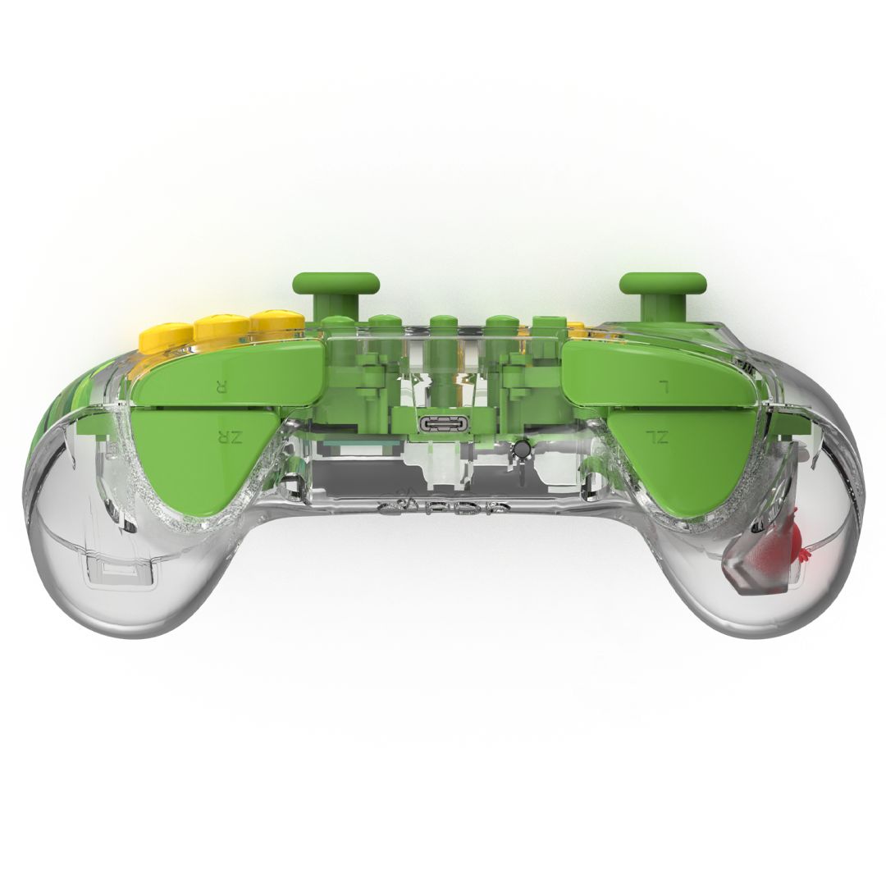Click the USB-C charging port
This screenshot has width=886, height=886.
[442, 424]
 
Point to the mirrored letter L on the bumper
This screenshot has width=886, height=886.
[665, 385]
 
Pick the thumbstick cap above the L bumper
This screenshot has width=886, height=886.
[663, 283]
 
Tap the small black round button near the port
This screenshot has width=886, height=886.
[519, 450]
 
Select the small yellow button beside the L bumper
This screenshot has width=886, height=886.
[577, 330]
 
